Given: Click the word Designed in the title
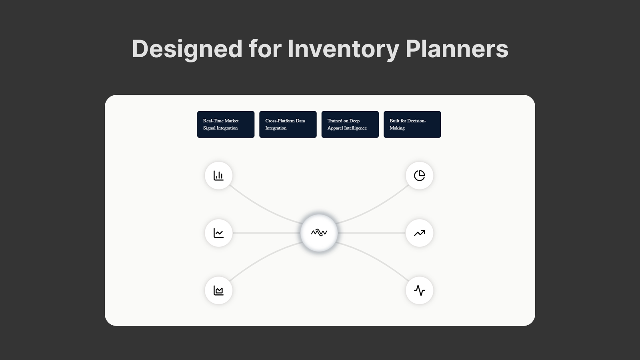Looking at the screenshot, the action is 187,49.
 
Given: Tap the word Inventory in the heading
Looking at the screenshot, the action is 344,49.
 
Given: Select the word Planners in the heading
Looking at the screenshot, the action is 457,49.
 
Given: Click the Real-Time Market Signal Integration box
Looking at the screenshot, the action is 226,124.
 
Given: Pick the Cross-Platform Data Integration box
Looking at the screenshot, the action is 288,124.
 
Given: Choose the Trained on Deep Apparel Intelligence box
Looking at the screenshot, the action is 350,124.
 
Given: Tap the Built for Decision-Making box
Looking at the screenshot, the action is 412,124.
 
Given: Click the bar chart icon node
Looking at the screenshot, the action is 218,176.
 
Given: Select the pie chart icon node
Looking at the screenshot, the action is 420,176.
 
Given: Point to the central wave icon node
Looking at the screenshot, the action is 319,233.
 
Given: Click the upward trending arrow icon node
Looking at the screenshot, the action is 420,233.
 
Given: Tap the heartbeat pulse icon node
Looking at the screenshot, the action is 420,290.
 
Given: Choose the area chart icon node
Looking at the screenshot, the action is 218,290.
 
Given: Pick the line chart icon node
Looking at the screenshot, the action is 218,233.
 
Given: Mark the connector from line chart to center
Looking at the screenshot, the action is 266,233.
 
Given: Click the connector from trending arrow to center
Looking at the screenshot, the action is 372,233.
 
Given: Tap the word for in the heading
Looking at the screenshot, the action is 265,49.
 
